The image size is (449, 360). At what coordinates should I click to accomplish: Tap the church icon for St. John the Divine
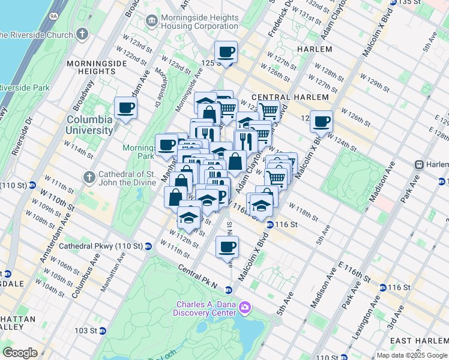tap(89, 177)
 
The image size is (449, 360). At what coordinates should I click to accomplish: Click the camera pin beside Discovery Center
tap(244, 308)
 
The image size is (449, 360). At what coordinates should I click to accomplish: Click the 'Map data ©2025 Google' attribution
tap(412, 355)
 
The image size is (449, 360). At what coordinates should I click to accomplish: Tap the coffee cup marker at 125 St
tap(226, 53)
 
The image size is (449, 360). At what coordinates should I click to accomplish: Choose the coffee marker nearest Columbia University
tap(126, 109)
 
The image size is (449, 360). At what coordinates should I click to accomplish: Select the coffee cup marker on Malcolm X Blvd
tap(321, 121)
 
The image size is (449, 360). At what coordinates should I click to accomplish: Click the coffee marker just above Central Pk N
tap(227, 247)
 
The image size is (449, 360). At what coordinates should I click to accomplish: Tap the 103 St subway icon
tap(102, 331)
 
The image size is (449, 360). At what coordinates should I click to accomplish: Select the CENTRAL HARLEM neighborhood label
tap(290, 97)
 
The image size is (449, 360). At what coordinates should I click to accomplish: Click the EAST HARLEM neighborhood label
tap(418, 340)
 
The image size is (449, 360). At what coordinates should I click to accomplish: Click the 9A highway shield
tap(53, 16)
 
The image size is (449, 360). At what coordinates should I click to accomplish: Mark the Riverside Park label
tap(24, 88)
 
